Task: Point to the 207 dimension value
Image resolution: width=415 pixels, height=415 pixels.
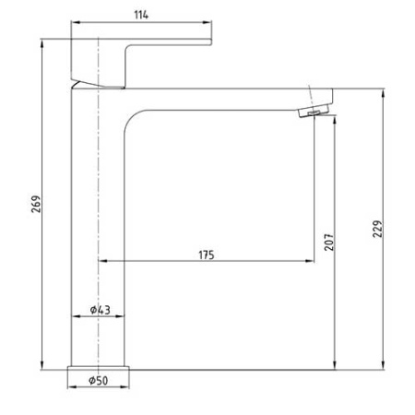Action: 328,242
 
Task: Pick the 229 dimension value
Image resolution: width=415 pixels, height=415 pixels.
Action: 377,230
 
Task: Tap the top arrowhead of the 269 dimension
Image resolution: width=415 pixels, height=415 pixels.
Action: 43,41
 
